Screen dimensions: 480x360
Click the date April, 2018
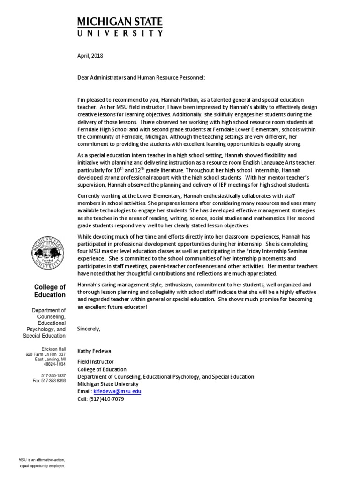point(90,56)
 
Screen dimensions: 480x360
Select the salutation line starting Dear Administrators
point(141,77)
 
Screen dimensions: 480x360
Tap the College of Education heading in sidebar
point(50,291)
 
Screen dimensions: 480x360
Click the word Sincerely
point(89,329)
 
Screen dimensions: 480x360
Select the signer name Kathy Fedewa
point(95,351)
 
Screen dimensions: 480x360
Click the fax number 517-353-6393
point(49,381)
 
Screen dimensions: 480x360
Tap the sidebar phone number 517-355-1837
point(54,375)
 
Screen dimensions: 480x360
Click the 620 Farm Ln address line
point(45,354)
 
